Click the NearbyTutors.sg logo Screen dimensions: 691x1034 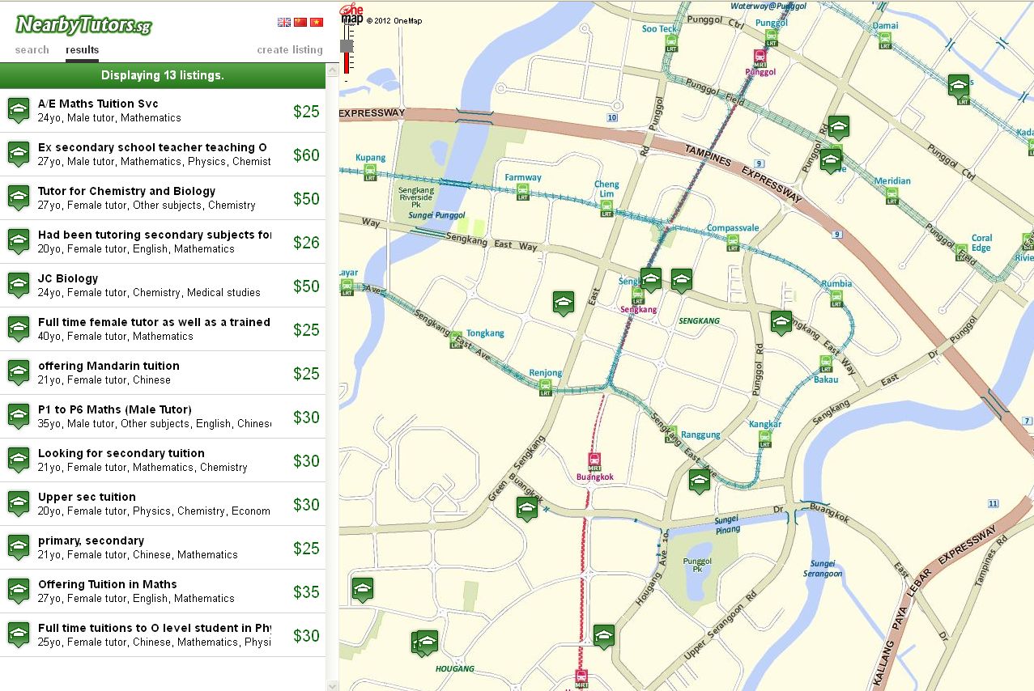pos(83,24)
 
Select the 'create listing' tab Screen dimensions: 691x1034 pos(290,50)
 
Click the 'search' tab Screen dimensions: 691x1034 pos(32,50)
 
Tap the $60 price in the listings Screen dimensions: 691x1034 pos(307,155)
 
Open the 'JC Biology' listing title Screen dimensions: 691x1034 pos(68,278)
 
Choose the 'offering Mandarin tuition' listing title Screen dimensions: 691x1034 pos(109,366)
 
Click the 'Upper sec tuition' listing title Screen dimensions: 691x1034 pos(87,497)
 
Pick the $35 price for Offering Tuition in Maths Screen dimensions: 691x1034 pos(307,592)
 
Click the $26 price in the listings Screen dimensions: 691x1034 pos(307,243)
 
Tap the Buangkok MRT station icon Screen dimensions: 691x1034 pos(594,462)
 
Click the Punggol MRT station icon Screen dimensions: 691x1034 pos(760,57)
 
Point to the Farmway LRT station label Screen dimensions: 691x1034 pos(523,177)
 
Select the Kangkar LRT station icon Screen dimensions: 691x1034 pos(765,439)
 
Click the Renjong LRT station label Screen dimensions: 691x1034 pos(545,373)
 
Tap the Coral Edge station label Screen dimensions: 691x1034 pos(981,243)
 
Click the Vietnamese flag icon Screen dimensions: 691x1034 pos(317,23)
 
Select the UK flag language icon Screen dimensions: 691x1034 pos(284,23)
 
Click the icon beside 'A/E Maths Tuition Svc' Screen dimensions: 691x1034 pos(19,111)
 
